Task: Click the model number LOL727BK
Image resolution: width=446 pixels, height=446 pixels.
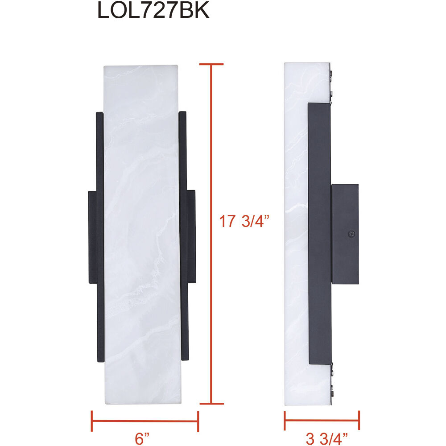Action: (x=153, y=11)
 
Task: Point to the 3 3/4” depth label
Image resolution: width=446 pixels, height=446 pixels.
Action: (x=326, y=439)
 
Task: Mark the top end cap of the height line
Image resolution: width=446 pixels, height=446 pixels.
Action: (x=211, y=65)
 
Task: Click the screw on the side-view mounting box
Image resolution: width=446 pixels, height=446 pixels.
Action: (x=351, y=233)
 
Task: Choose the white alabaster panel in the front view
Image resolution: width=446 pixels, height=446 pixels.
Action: (x=141, y=232)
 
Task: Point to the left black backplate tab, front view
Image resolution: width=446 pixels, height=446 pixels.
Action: (x=92, y=237)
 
